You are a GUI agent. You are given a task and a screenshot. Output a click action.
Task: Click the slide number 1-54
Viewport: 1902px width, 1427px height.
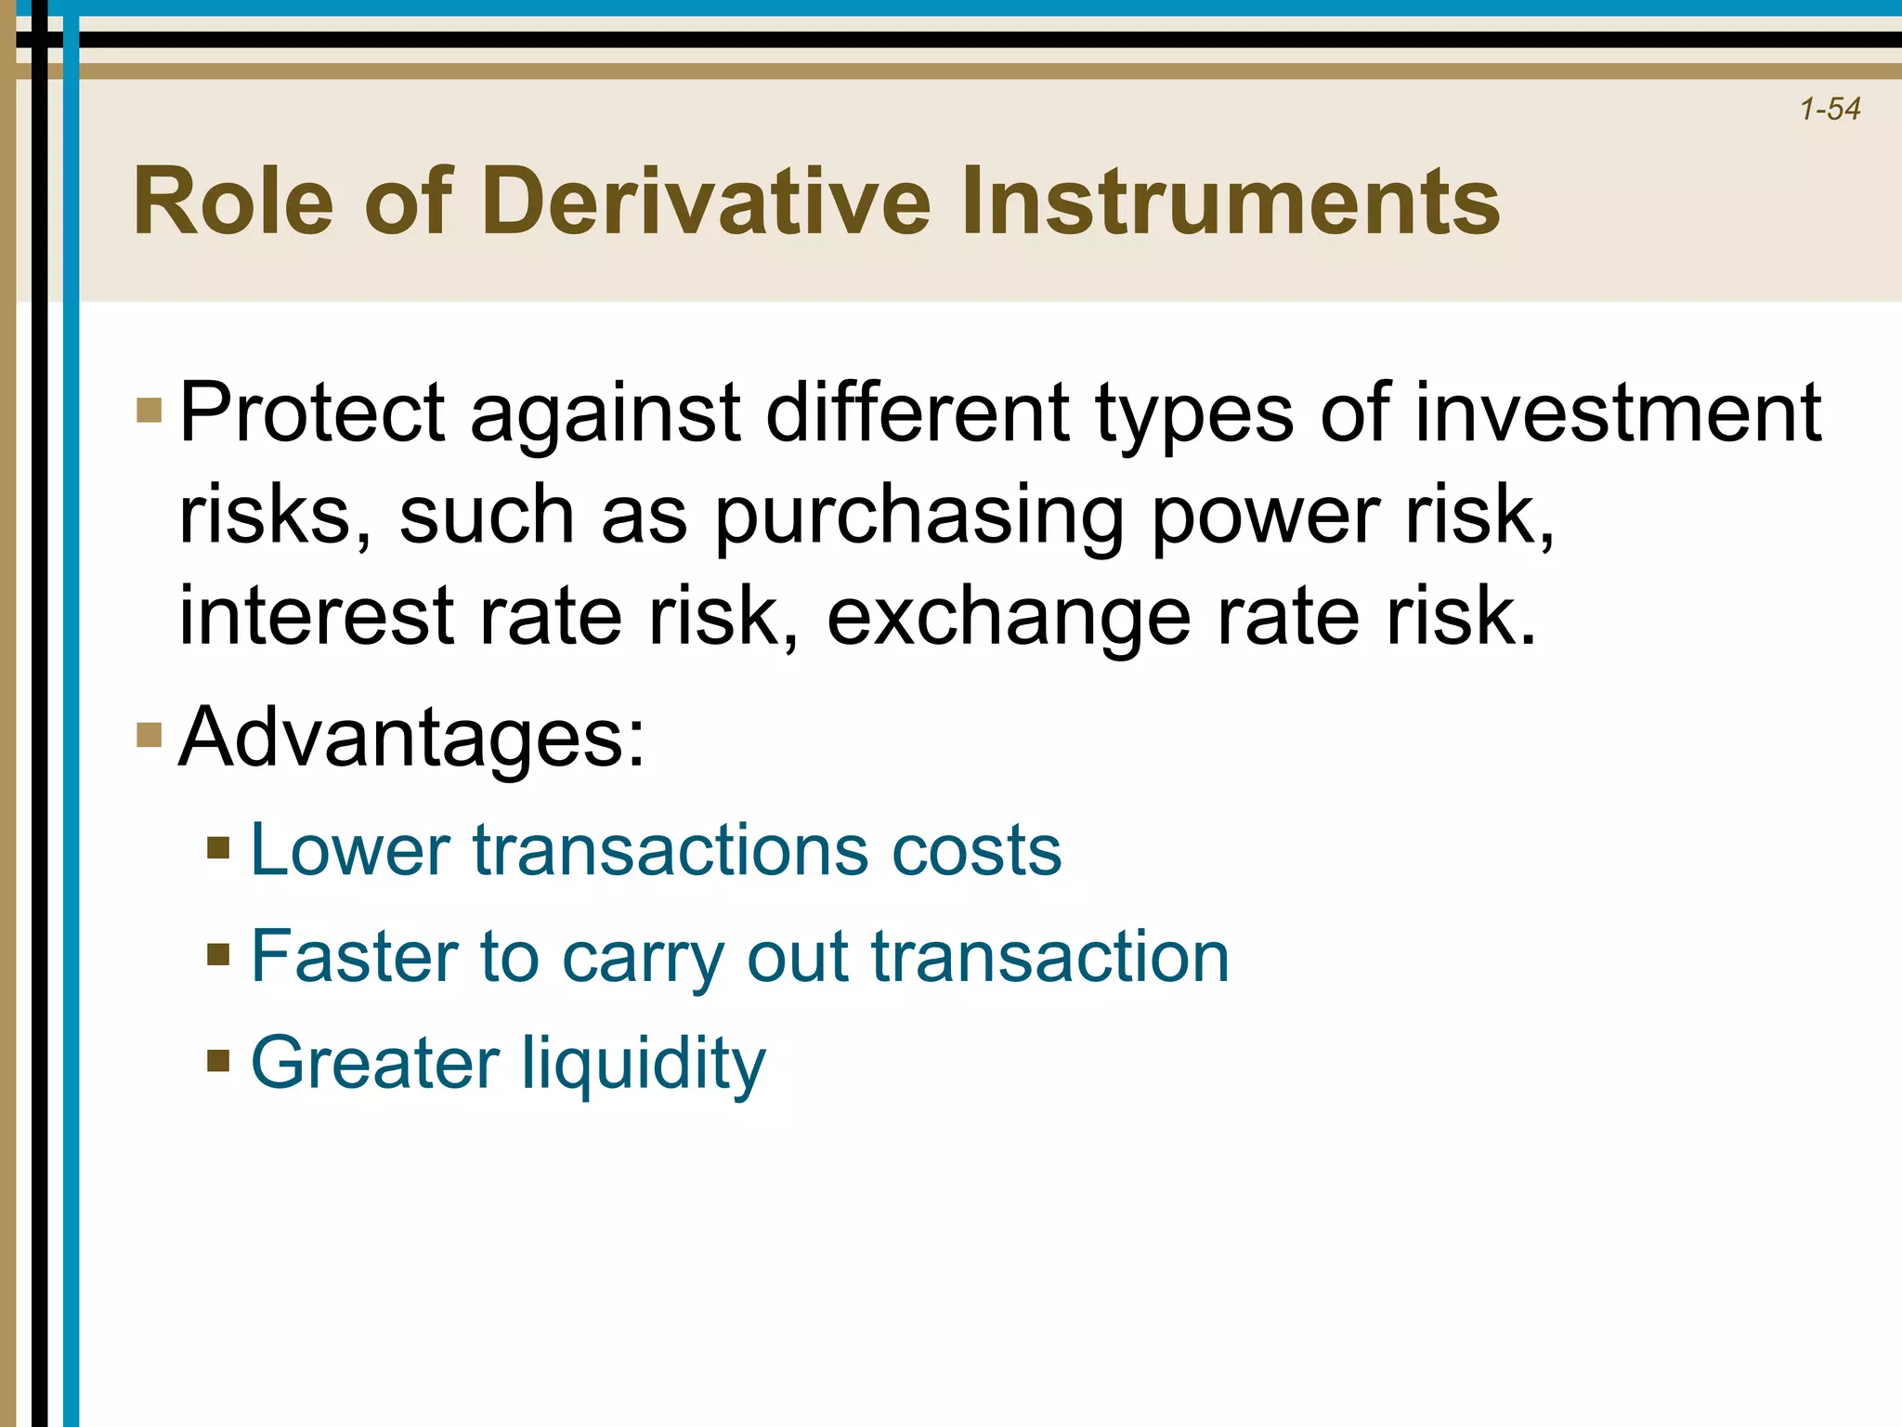point(1830,110)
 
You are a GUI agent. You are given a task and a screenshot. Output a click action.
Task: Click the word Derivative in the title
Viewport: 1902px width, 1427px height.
point(706,202)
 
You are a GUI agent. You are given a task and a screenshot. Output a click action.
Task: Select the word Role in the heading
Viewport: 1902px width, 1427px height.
point(233,202)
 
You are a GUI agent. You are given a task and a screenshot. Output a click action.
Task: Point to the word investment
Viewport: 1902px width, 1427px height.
point(1617,413)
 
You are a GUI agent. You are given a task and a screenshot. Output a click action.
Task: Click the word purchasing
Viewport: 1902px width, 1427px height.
point(918,517)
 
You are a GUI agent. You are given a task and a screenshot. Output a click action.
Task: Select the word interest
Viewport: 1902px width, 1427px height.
point(316,616)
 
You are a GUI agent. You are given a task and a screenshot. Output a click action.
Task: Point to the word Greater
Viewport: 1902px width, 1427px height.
point(374,1064)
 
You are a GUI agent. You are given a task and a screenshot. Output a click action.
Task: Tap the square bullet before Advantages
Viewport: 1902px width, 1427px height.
point(149,735)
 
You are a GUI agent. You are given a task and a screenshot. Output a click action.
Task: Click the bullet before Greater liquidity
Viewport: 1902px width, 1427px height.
point(218,1061)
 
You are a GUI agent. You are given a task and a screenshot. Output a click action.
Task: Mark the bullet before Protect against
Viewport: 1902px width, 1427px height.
point(149,410)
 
